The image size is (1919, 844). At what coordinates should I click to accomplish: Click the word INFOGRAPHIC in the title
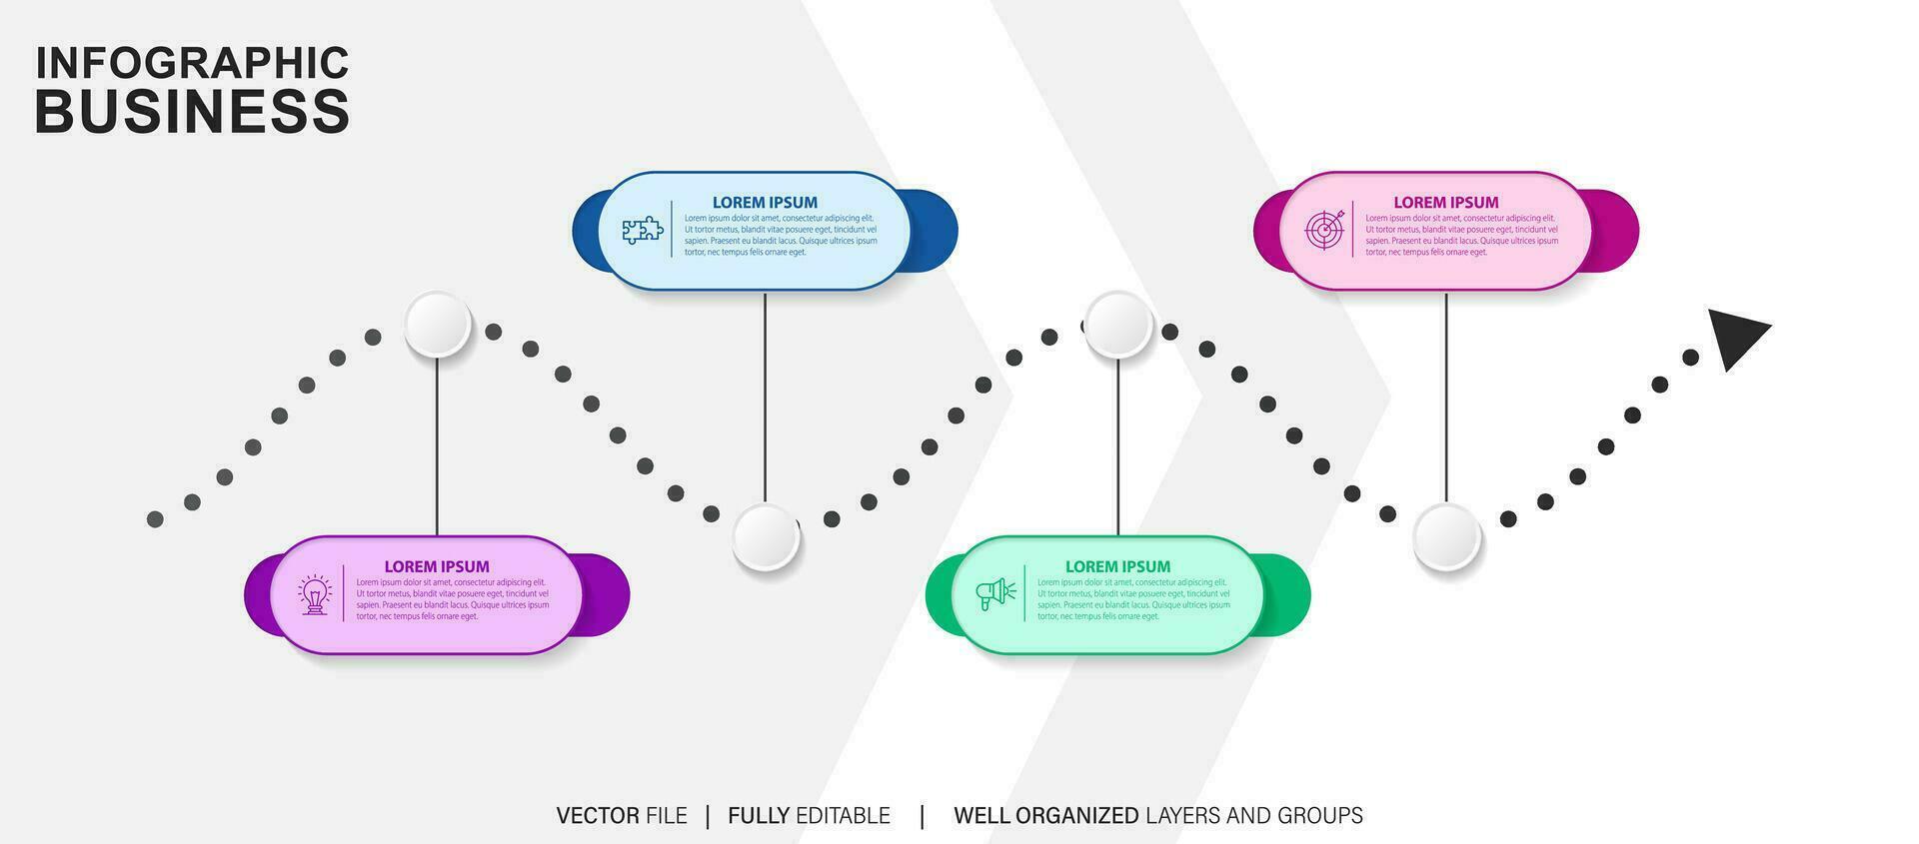coord(192,62)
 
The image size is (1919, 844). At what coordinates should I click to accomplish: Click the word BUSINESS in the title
coord(192,111)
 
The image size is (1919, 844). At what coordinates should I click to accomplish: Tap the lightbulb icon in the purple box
coord(315,594)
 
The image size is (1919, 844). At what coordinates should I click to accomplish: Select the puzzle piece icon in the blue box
coord(643,231)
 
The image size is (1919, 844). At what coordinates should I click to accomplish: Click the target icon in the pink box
coord(1325,230)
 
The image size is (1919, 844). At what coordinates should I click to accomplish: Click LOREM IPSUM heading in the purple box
coord(437,566)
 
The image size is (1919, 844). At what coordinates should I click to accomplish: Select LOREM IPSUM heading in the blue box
coord(765,202)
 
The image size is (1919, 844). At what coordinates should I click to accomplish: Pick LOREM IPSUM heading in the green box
coord(1117,566)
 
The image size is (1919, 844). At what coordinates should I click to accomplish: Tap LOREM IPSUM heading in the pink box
coord(1446,202)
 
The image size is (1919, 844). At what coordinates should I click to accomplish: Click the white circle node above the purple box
coord(438,324)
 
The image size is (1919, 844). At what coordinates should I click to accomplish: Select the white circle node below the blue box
coord(766,536)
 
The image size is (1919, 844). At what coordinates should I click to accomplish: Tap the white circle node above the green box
coord(1118,324)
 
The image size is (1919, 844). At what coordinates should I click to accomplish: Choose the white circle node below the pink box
coord(1446,536)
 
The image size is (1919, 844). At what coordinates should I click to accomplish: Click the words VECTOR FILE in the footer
coord(621,816)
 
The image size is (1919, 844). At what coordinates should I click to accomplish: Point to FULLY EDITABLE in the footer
coord(809,816)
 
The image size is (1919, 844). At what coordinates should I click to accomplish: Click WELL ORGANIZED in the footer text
coord(1045,816)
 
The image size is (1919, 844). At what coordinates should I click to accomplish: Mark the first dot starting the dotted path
coord(155,518)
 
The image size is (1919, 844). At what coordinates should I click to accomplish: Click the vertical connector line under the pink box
coord(1446,400)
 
